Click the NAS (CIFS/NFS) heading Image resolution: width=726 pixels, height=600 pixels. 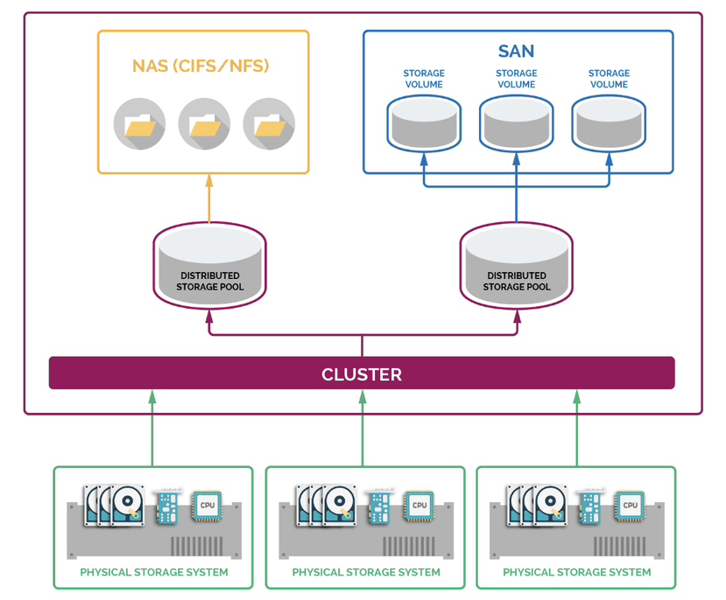click(201, 66)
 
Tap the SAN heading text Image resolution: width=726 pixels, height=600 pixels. click(516, 51)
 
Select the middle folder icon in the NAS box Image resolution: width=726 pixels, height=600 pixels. click(204, 124)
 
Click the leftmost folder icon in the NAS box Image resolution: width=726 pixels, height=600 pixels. click(140, 124)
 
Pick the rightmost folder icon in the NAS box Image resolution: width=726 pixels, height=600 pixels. click(269, 124)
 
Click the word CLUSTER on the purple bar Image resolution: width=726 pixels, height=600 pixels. click(362, 374)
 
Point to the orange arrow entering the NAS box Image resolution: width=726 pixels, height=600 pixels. click(209, 198)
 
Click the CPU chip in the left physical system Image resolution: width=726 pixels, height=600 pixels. click(208, 505)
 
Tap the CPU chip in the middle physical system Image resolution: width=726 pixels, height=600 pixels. click(419, 505)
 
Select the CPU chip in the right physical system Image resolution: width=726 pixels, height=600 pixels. click(630, 505)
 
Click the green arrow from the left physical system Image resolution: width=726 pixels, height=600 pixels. click(152, 428)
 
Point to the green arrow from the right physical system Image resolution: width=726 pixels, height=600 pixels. click(576, 428)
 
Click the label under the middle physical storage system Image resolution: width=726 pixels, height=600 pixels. click(366, 573)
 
